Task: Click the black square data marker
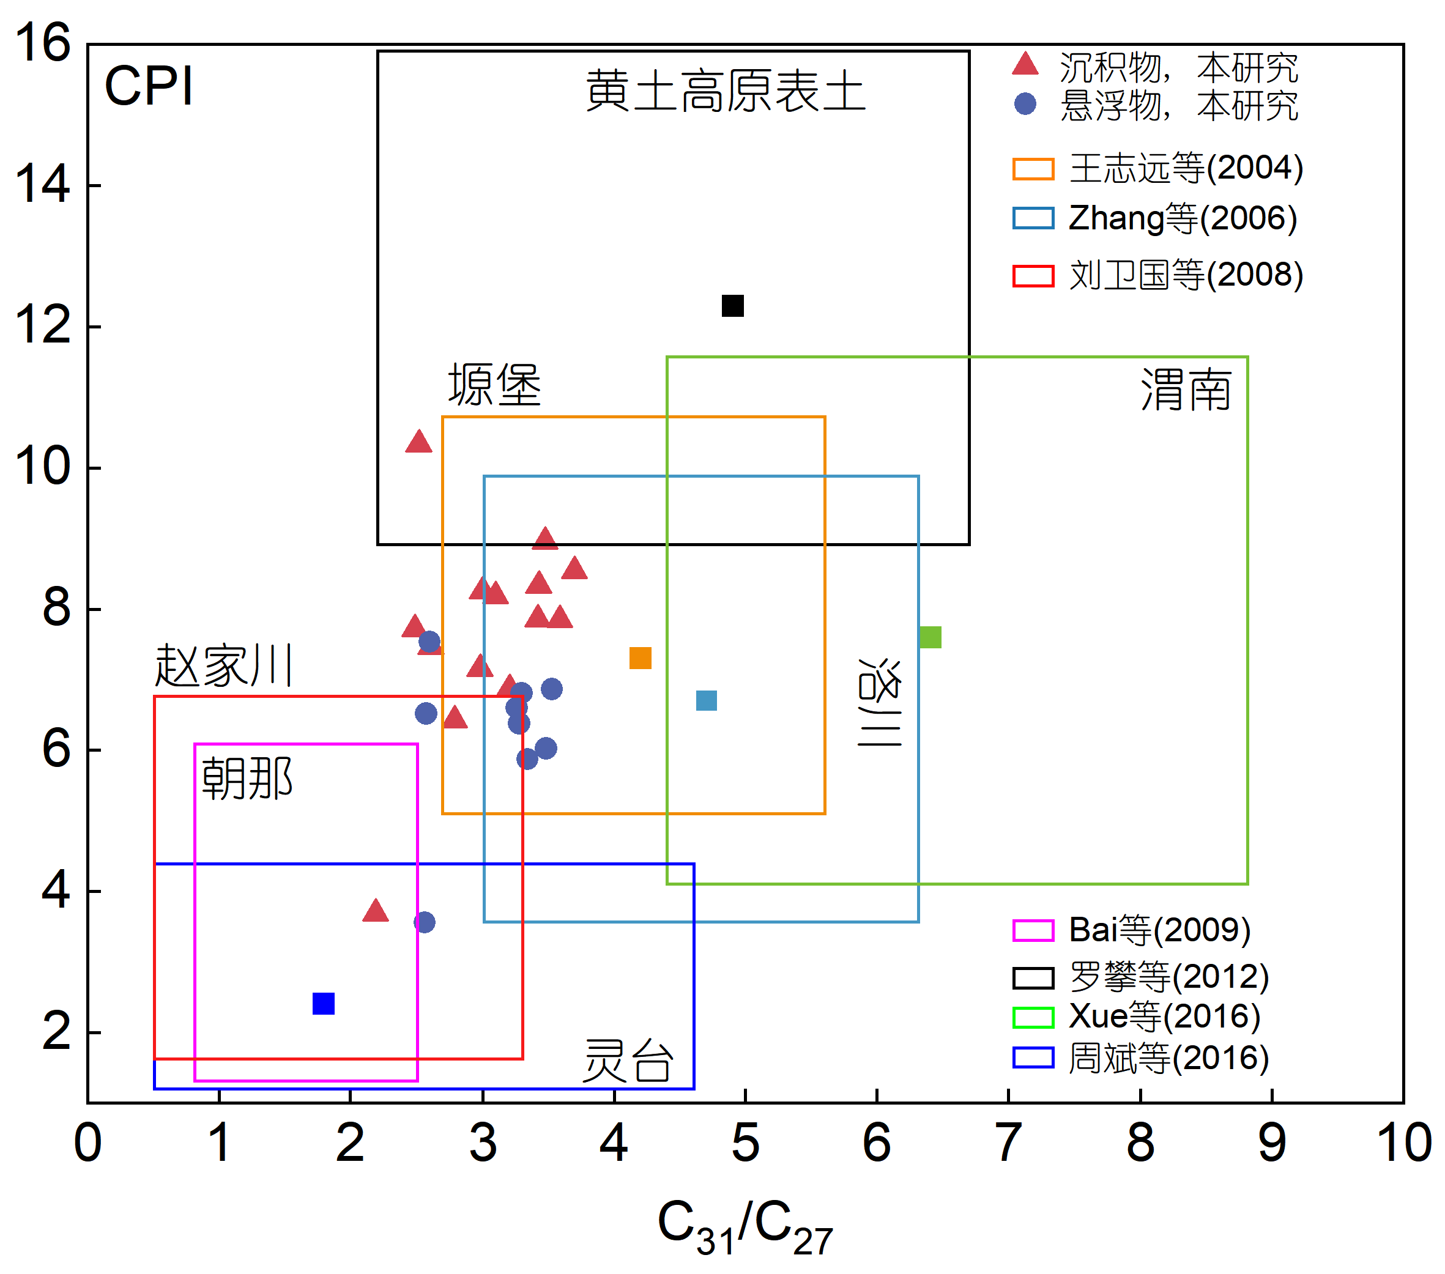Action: point(732,306)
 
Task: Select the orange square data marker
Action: point(640,658)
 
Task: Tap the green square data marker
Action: point(931,637)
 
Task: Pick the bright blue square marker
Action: point(323,1004)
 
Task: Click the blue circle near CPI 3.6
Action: point(424,922)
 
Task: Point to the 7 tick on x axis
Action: point(1008,1143)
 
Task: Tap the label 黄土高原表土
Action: point(726,92)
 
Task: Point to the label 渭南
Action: point(1186,390)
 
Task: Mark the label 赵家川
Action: point(223,665)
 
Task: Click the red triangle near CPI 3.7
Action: point(376,911)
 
